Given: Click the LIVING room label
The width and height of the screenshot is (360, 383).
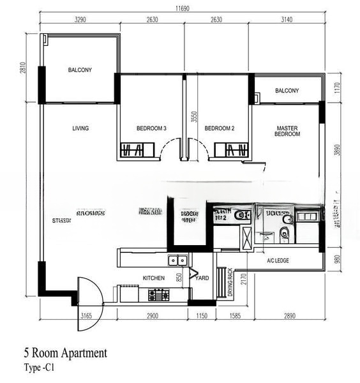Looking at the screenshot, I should (x=80, y=128).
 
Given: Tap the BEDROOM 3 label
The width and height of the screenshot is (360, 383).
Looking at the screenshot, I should (x=151, y=128).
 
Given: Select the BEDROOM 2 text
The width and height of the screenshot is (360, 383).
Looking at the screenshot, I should (x=220, y=128).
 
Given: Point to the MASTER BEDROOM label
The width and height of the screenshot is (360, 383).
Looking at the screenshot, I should (x=287, y=131).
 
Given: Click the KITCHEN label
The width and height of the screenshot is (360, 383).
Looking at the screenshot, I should (x=154, y=278).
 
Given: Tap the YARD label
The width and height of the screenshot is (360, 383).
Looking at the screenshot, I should (x=202, y=278).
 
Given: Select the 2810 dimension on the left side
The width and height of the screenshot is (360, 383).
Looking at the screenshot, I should (x=23, y=68).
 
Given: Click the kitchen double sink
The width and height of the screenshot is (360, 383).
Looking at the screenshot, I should (x=177, y=260).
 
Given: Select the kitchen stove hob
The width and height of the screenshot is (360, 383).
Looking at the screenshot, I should (x=158, y=295).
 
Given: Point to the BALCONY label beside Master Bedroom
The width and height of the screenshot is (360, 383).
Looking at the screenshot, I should (x=287, y=91).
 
